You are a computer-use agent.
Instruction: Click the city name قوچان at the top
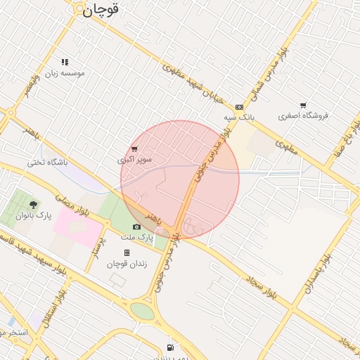[101, 10]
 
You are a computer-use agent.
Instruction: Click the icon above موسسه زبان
[65, 62]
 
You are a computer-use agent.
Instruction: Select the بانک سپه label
[239, 117]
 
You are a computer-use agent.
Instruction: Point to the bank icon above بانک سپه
[240, 107]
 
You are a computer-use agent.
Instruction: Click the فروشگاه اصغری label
[303, 115]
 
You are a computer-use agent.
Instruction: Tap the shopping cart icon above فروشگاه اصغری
[303, 105]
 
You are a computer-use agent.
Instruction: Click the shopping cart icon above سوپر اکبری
[134, 149]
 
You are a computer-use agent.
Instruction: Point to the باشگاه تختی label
[47, 162]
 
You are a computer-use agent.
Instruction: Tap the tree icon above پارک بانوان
[34, 204]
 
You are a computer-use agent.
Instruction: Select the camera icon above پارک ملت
[136, 226]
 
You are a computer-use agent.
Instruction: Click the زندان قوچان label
[126, 264]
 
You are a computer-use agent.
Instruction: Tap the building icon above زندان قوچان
[127, 253]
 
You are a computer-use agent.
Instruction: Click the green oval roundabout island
[142, 311]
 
